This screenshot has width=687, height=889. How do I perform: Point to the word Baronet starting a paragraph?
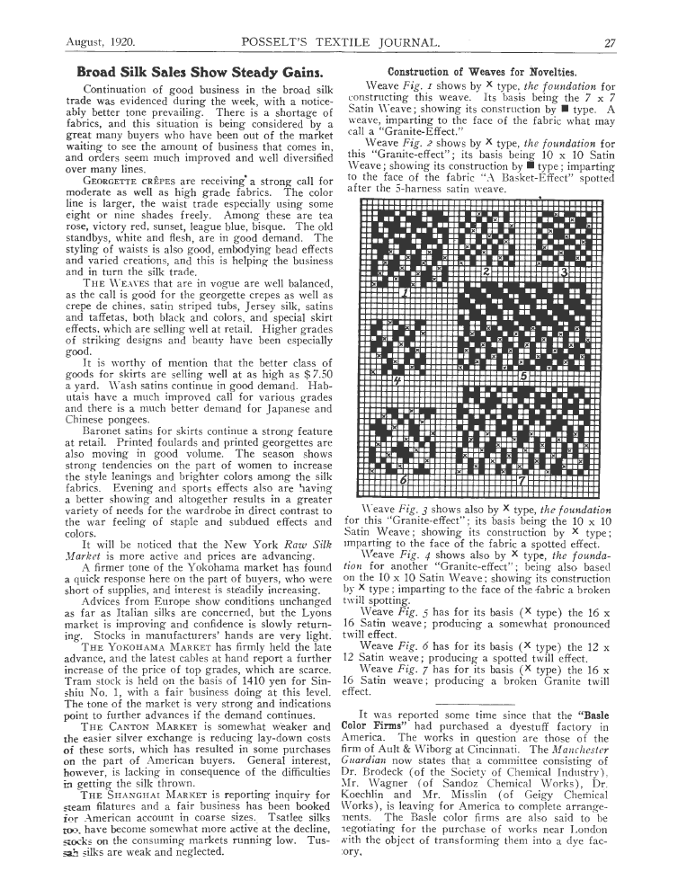click(106, 431)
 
